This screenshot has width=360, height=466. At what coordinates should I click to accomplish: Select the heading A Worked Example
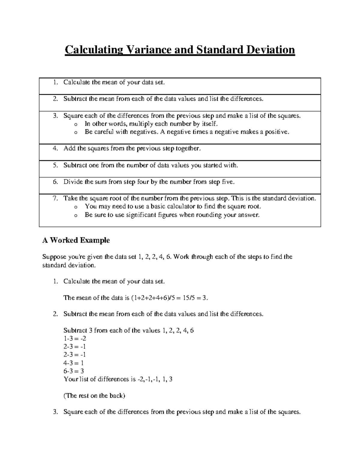coord(76,240)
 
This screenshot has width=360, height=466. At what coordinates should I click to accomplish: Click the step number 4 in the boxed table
coord(55,148)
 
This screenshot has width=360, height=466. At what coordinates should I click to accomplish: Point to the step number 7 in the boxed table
coord(55,198)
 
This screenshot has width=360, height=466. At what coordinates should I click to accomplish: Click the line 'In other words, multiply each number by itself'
coord(150,124)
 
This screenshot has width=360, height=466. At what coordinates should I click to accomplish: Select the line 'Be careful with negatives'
coord(187,132)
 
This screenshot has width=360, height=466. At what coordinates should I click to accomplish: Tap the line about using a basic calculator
coord(173,206)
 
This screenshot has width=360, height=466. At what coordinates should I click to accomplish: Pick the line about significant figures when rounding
coord(172,215)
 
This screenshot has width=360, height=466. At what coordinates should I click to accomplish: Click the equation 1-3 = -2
coord(75,338)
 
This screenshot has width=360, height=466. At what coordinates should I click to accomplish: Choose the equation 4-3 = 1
coord(73,363)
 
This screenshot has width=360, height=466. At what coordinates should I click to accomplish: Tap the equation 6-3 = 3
coord(74,371)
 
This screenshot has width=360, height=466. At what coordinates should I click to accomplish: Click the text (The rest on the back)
coord(94,395)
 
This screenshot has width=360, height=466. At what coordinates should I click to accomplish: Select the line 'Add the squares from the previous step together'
coord(132,148)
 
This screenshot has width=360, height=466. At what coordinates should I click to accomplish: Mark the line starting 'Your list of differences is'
coord(118,379)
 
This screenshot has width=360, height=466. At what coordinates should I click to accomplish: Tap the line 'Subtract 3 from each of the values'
coord(129,330)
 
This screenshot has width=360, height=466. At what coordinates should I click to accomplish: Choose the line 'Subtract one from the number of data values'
coord(151,165)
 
